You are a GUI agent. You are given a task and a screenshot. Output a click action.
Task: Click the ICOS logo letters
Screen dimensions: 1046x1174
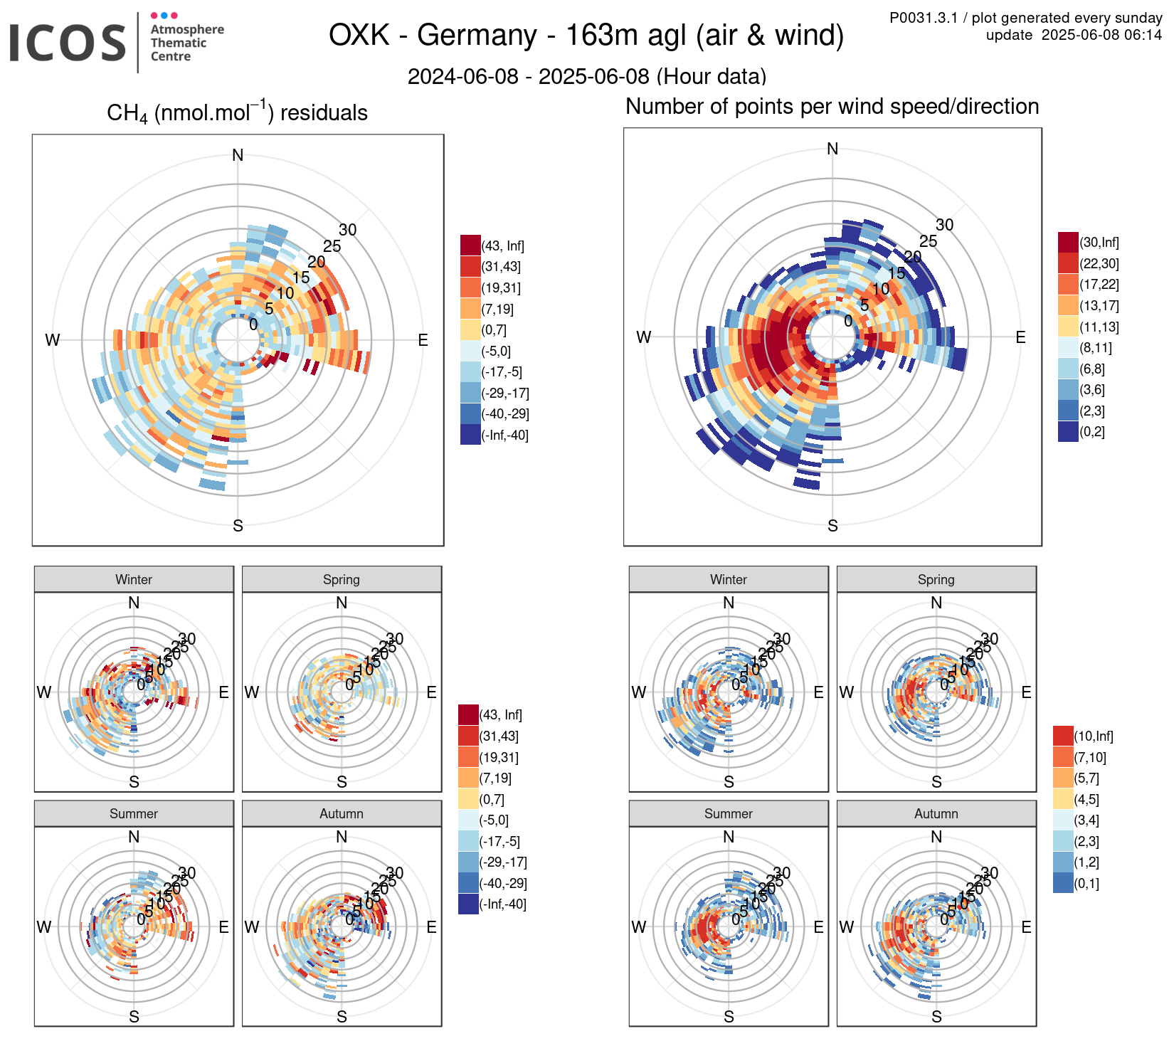pos(67,43)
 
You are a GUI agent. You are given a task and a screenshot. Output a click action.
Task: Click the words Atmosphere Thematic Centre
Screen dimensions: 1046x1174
pos(186,43)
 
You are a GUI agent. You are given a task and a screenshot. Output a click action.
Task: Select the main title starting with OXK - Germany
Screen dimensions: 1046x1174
pos(586,35)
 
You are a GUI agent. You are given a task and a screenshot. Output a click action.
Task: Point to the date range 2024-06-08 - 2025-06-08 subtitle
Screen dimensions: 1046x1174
pos(586,76)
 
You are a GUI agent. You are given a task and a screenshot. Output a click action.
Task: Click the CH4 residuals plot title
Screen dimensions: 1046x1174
pos(237,113)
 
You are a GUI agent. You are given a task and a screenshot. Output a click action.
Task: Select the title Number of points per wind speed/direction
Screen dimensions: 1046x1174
pos(832,107)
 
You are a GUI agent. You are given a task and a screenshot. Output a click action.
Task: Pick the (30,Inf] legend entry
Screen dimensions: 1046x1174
pos(1099,243)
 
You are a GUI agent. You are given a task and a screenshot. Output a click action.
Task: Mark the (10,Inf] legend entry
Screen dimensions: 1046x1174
pos(1093,736)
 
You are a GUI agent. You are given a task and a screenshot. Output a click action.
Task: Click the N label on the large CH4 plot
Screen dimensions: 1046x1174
pos(238,155)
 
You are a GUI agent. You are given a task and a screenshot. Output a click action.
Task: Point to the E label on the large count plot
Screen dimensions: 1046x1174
pos(1020,337)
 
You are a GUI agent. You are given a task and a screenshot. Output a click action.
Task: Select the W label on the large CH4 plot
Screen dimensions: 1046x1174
pos(52,340)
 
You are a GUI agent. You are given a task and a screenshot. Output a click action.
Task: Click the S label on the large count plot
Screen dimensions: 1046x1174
pos(832,526)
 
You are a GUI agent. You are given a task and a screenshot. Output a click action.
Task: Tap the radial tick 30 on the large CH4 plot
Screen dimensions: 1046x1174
pos(347,230)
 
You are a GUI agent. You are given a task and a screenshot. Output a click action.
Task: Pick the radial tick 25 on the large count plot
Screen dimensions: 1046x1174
pos(928,241)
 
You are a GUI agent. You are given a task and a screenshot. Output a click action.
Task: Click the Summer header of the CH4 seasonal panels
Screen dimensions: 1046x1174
pos(134,813)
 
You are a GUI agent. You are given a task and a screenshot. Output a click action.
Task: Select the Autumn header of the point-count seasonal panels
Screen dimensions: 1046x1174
pos(936,813)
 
